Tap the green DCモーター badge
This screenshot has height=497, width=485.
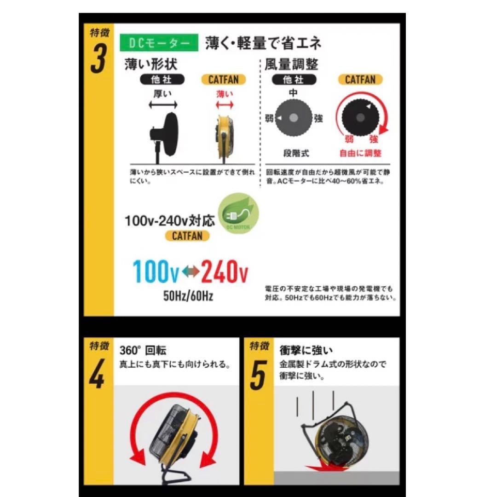click(159, 43)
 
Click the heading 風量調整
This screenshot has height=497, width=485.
click(291, 64)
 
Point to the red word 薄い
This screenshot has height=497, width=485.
click(225, 94)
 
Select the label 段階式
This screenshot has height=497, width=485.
click(294, 153)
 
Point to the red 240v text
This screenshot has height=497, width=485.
click(224, 272)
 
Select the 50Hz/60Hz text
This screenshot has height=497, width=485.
click(188, 296)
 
